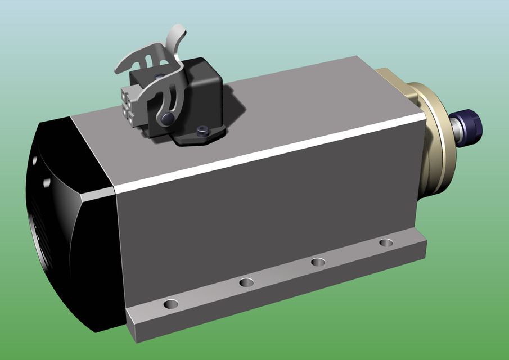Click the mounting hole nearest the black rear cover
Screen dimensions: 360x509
pos(171,304)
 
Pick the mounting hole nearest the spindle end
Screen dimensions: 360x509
pos(386,243)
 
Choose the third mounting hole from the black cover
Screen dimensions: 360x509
pos(318,262)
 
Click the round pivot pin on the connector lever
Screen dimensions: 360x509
pos(166,118)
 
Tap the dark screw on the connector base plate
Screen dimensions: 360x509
pos(202,132)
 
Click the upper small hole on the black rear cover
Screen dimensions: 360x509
pos(34,161)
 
